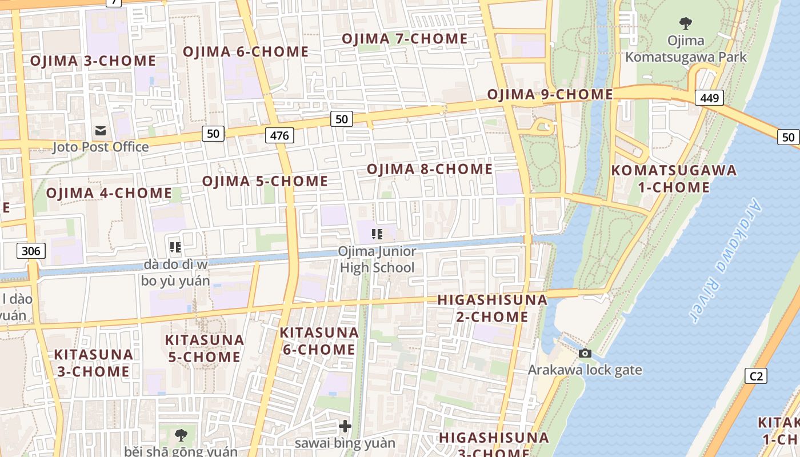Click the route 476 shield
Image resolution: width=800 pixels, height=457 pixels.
pos(279,135)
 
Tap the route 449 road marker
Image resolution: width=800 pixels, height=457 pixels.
pos(709,98)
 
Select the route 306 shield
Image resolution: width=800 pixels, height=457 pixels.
pos(31,250)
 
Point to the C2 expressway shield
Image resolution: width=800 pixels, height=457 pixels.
pos(756,376)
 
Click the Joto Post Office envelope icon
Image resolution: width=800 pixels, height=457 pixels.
pos(101,131)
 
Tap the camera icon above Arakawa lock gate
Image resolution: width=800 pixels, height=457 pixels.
pos(585,354)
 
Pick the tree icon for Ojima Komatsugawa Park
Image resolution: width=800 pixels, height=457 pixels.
pos(686,23)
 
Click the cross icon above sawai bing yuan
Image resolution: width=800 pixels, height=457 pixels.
pos(345,426)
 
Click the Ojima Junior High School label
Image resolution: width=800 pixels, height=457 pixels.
pos(377,259)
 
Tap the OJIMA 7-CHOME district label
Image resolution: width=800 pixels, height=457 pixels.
pos(405,39)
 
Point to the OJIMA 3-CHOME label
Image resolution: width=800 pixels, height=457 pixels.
pos(93,61)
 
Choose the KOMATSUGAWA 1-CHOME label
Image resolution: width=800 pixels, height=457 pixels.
pos(674,179)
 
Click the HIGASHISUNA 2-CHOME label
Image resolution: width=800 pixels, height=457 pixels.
pos(492,308)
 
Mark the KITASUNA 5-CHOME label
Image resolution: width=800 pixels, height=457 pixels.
pos(203,348)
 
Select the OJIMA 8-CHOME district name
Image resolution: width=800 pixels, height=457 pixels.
pos(429,169)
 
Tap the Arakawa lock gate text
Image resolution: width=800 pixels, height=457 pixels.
pos(585,370)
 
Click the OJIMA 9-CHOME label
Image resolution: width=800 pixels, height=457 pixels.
pos(550,94)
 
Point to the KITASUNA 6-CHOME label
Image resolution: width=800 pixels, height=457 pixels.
pos(319,341)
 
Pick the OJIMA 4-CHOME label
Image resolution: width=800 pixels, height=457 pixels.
pos(109,193)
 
